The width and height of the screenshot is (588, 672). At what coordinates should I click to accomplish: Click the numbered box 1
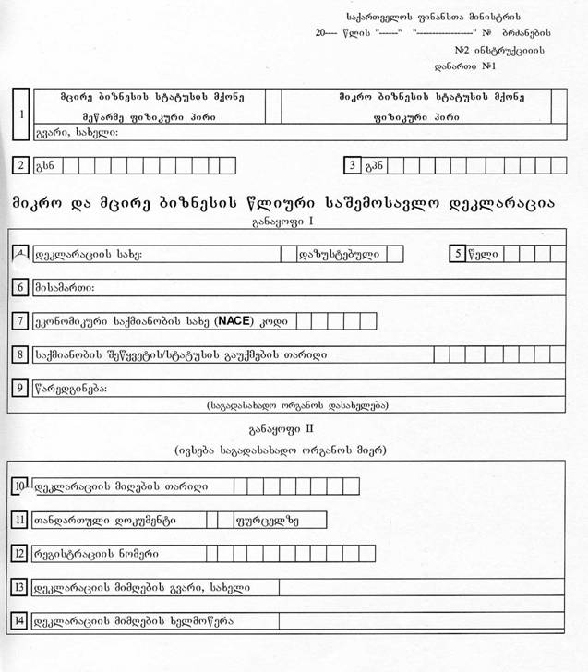pyautogui.click(x=22, y=114)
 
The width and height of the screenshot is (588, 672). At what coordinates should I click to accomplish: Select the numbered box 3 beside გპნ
pyautogui.click(x=352, y=165)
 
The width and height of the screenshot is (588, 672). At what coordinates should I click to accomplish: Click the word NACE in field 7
pyautogui.click(x=233, y=321)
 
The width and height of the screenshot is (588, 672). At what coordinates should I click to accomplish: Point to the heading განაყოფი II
pyautogui.click(x=282, y=429)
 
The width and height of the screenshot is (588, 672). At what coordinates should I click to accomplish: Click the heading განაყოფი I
pyautogui.click(x=282, y=222)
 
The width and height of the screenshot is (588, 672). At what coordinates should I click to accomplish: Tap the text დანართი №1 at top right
pyautogui.click(x=466, y=66)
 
